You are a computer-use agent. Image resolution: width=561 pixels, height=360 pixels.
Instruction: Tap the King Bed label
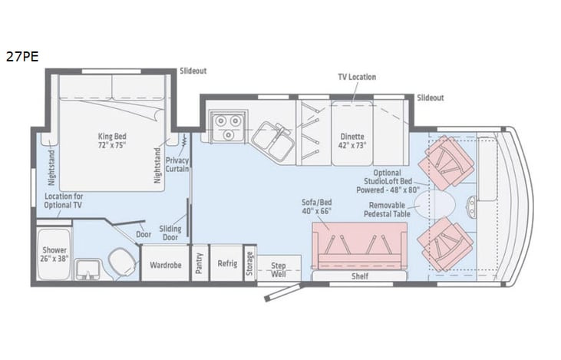click(x=111, y=137)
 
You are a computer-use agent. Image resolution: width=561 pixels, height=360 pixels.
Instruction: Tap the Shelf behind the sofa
click(x=360, y=276)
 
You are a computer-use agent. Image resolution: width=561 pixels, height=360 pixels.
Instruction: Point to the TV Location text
click(x=357, y=78)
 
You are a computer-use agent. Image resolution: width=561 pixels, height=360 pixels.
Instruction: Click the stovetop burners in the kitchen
click(x=228, y=121)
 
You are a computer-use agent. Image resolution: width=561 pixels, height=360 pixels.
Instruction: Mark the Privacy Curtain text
click(x=177, y=164)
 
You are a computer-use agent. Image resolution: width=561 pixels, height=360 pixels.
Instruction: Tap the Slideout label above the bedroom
click(x=193, y=71)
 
